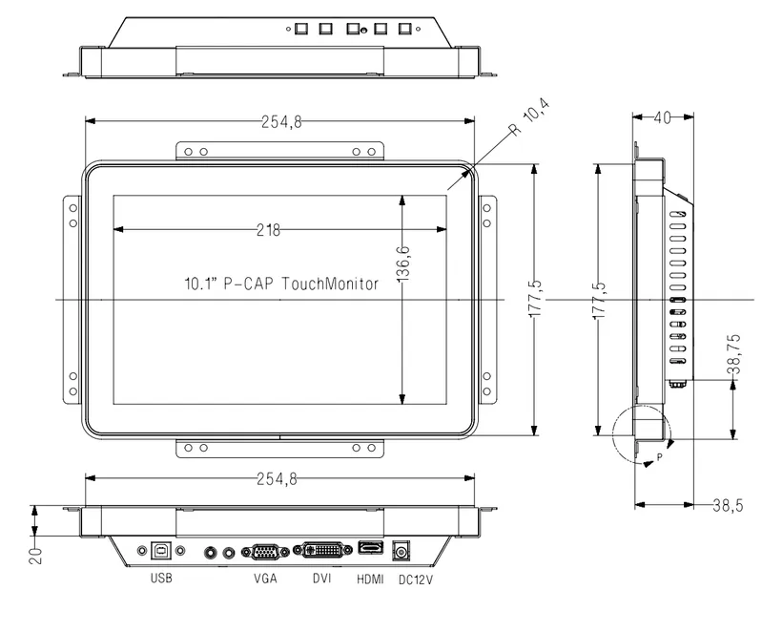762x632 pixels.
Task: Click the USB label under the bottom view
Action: tap(161, 579)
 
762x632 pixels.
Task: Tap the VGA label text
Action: tap(266, 579)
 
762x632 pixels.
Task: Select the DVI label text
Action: tap(322, 579)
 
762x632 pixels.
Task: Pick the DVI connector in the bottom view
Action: tap(322, 551)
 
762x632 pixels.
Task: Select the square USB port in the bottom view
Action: tap(161, 550)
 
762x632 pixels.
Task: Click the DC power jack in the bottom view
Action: tap(402, 551)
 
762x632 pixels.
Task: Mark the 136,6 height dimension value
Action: tap(402, 262)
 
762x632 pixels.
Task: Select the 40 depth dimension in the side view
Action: tap(662, 116)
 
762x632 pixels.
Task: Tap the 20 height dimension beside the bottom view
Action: tap(35, 554)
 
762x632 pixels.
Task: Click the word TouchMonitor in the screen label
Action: tap(334, 284)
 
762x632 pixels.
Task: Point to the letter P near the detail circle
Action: tap(659, 458)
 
